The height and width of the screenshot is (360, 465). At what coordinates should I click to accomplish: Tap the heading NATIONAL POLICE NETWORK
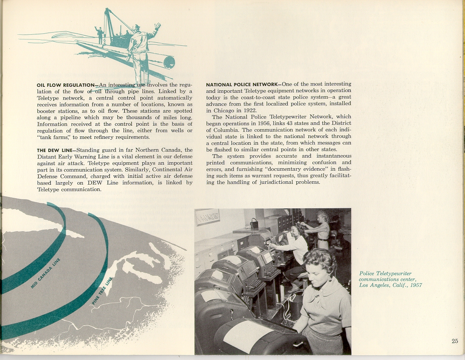point(241,84)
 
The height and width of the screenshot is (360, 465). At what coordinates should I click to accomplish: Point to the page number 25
point(454,341)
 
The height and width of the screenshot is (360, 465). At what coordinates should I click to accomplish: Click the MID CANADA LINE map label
point(45,275)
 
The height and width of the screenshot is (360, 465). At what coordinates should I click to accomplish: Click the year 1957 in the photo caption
point(414,285)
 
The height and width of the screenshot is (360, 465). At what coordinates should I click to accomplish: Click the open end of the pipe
point(169,62)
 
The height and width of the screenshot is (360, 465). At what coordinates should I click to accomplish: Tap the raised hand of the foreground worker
point(157,27)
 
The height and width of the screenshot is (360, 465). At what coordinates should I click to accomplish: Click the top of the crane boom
point(107,9)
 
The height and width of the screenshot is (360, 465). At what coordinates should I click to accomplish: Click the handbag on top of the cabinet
point(254,223)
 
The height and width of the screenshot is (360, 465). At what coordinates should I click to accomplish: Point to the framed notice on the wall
point(207,217)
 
